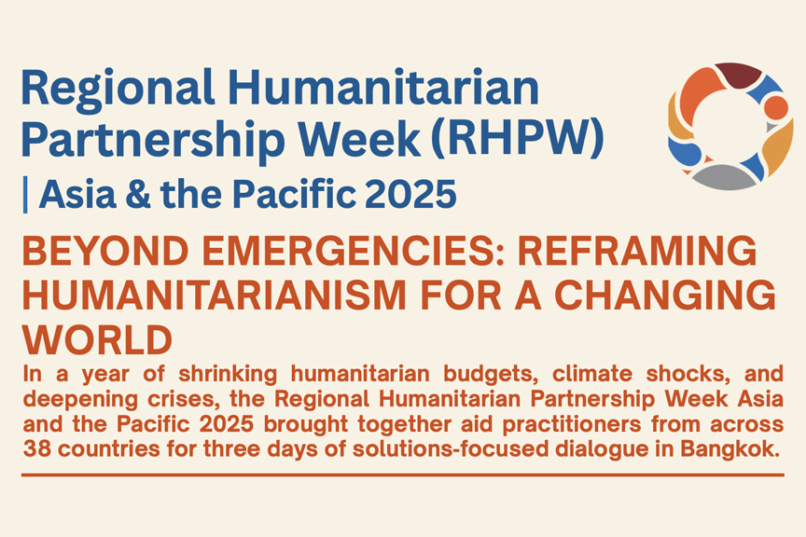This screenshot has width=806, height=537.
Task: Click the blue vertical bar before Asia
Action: pyautogui.click(x=25, y=194)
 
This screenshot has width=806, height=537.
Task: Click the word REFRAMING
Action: pyautogui.click(x=637, y=252)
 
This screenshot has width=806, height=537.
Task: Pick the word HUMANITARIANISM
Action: pyautogui.click(x=215, y=296)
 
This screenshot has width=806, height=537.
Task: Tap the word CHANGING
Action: pyautogui.click(x=665, y=296)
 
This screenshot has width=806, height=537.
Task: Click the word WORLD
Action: pyautogui.click(x=98, y=340)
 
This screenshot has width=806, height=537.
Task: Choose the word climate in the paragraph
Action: pyautogui.click(x=592, y=374)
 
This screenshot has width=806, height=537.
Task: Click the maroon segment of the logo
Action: pyautogui.click(x=738, y=74)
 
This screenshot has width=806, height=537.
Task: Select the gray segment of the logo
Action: pyautogui.click(x=724, y=177)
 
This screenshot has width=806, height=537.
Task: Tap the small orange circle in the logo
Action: pyautogui.click(x=775, y=108)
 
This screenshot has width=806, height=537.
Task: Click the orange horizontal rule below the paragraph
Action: pyautogui.click(x=403, y=475)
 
